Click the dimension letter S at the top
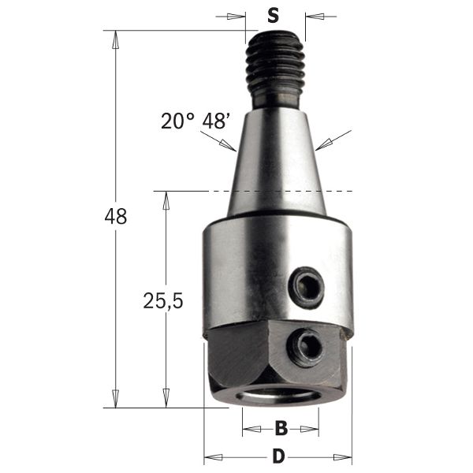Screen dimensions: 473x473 pos(273,15)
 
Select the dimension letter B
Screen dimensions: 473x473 pos(281,430)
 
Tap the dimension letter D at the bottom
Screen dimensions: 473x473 pos(277,456)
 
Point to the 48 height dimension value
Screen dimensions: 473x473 pos(116,217)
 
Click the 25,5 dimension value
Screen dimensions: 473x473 pos(164,300)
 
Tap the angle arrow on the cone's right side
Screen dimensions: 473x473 pos(322,145)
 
